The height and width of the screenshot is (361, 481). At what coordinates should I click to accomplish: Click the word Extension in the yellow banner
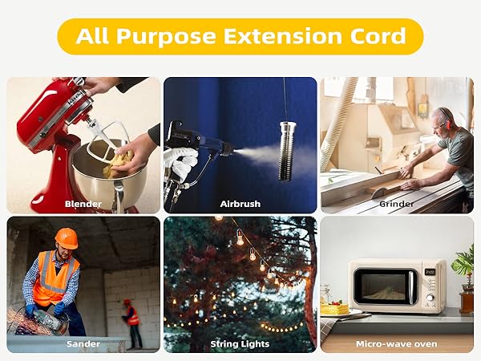[x=282, y=36]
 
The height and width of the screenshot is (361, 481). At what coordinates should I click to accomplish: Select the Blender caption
[x=83, y=204]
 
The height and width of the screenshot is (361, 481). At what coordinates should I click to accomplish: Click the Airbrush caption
[x=240, y=204]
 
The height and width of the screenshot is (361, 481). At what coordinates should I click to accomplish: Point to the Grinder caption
[x=397, y=204]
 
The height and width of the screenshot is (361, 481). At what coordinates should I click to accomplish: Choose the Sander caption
[x=83, y=344]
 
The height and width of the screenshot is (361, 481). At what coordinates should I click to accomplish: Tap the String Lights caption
[x=240, y=344]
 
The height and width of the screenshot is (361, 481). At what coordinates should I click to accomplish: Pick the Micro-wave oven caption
[x=397, y=344]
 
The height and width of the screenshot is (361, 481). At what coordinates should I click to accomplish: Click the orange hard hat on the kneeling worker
[x=67, y=238]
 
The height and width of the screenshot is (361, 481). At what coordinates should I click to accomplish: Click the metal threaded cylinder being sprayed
[x=288, y=151]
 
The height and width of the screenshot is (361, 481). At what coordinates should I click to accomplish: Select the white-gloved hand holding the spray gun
[x=181, y=162]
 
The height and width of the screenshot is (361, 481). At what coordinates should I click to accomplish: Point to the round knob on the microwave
[x=430, y=298]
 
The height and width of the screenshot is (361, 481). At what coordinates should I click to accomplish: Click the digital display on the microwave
[x=430, y=272]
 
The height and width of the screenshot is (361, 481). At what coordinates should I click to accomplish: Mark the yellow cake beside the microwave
[x=334, y=308]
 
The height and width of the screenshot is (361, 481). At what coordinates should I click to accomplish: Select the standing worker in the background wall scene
[x=133, y=323]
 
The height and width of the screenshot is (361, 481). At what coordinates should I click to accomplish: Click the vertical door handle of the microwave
[x=411, y=287]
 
